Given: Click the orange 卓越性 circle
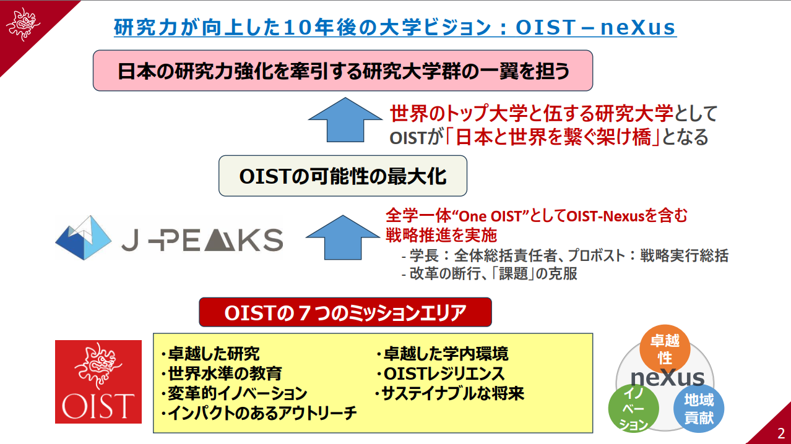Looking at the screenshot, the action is [665, 349].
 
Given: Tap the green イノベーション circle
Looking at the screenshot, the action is [634, 408].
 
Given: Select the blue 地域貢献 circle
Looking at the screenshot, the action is [699, 408].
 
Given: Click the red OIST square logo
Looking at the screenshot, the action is [98, 382].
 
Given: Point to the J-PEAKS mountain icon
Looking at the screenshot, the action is [84, 237].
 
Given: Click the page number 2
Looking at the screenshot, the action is [780, 433].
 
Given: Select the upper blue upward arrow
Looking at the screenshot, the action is [345, 119].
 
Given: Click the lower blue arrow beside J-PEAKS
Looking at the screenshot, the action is [342, 237].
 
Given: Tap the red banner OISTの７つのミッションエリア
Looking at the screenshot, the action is [345, 312].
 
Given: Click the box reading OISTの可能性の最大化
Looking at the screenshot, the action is [342, 176].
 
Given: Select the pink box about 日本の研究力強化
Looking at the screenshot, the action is [342, 70].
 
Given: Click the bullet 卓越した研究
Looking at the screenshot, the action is [210, 354].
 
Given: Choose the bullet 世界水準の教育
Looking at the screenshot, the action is [222, 374].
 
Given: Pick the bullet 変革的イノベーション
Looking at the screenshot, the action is [234, 393].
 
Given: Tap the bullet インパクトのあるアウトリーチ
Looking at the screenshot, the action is [259, 413].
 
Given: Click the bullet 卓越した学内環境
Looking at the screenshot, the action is [443, 354].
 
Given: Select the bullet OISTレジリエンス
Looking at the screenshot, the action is [441, 374].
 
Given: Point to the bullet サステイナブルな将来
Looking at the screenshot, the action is [449, 393].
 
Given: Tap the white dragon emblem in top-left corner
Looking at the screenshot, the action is [24, 24].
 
